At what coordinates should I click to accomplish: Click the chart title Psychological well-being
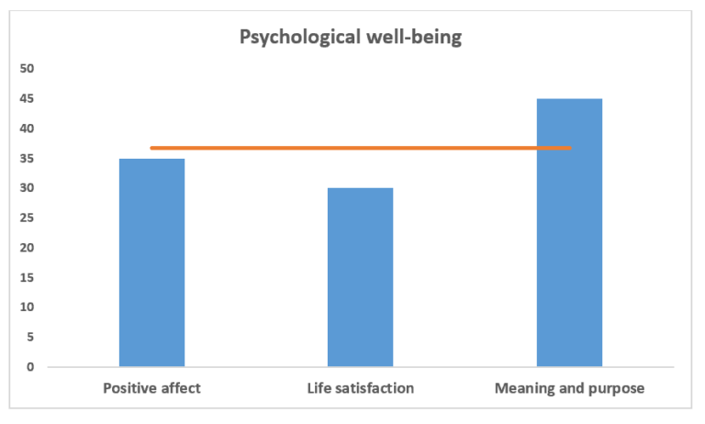click(351, 37)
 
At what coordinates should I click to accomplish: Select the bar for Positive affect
click(152, 262)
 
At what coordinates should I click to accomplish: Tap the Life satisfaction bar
click(360, 277)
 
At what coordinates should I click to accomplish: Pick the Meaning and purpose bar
click(569, 233)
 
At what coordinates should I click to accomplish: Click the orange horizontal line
click(361, 148)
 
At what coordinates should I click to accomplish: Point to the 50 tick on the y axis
click(27, 68)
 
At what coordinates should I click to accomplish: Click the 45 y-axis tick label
click(27, 98)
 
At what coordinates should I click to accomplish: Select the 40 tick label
click(27, 128)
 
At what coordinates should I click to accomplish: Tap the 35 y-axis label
click(27, 158)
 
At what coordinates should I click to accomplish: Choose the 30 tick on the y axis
click(27, 188)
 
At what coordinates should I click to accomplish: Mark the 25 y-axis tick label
click(27, 218)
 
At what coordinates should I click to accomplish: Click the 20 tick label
click(27, 247)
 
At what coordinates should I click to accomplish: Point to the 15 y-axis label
click(27, 277)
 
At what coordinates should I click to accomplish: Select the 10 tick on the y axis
click(27, 307)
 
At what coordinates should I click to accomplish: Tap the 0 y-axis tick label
click(30, 367)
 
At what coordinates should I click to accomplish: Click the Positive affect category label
click(152, 388)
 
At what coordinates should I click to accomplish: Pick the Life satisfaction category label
click(361, 388)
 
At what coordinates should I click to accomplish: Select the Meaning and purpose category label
click(570, 388)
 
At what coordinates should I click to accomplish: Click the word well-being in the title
click(414, 37)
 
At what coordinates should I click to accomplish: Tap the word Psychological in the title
click(300, 38)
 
